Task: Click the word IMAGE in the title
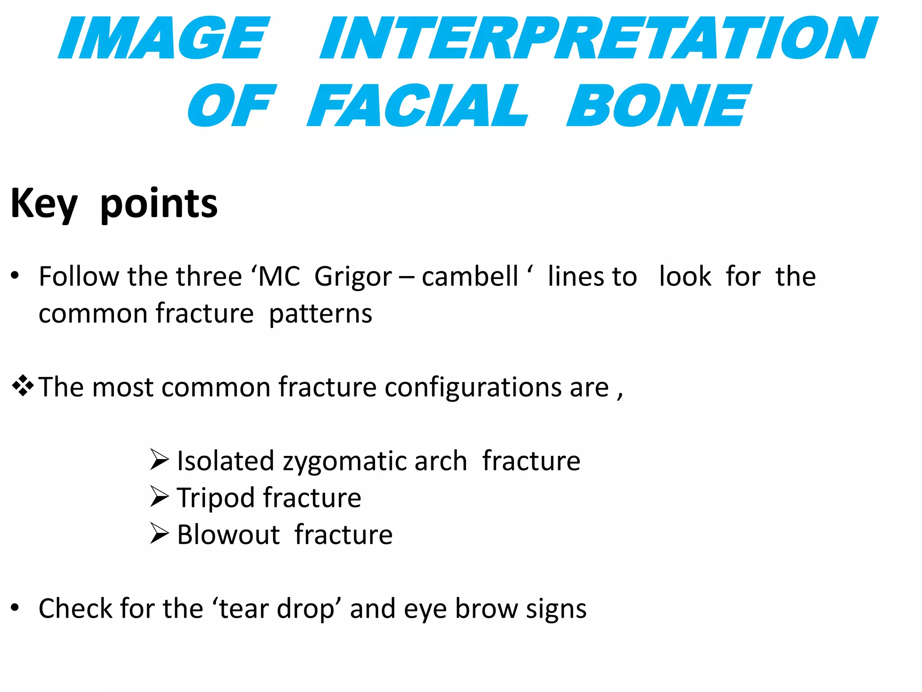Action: [164, 39]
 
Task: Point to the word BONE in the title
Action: [657, 106]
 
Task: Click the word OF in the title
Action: [230, 106]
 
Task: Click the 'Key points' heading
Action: [114, 204]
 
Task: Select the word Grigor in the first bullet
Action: [353, 277]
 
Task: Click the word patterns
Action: [321, 314]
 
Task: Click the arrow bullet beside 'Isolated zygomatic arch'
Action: [159, 460]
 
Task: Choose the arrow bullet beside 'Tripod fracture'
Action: [159, 497]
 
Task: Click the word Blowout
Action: [228, 535]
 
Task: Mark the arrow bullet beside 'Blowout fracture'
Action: [159, 534]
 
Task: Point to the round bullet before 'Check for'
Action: [15, 608]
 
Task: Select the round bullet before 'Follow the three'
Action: [15, 275]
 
